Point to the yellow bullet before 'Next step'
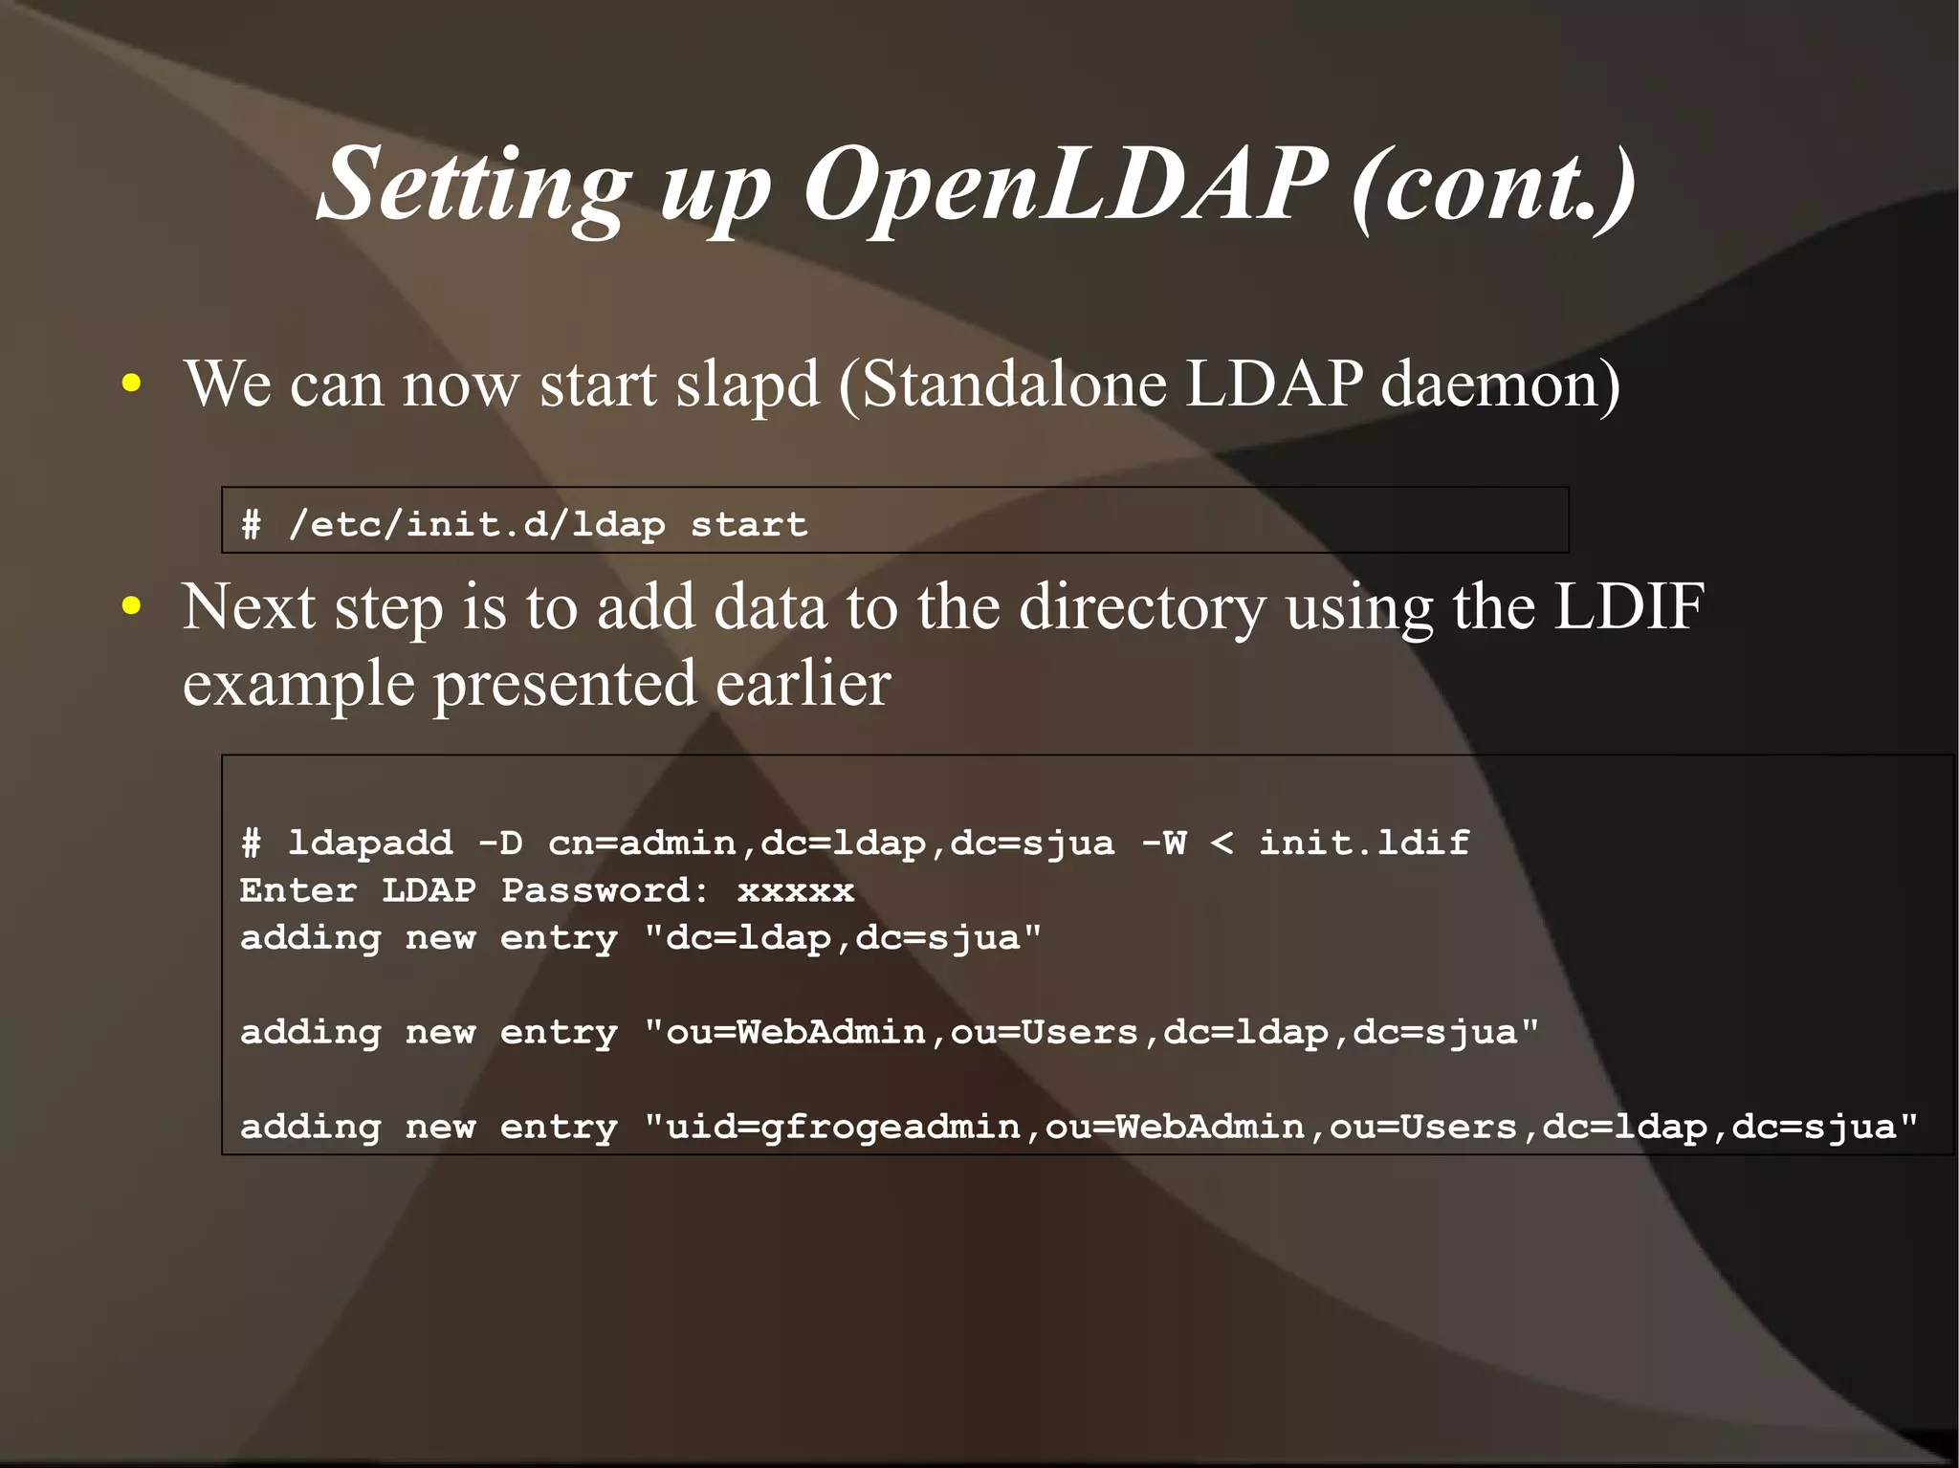pos(132,607)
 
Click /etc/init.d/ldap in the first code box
pos(476,524)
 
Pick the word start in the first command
pos(749,524)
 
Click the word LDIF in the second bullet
pos(1628,607)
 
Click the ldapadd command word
pos(370,843)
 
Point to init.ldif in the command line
pos(1363,843)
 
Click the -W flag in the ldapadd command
pos(1163,843)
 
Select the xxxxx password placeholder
pos(795,891)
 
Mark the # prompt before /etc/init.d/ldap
pos(251,524)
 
